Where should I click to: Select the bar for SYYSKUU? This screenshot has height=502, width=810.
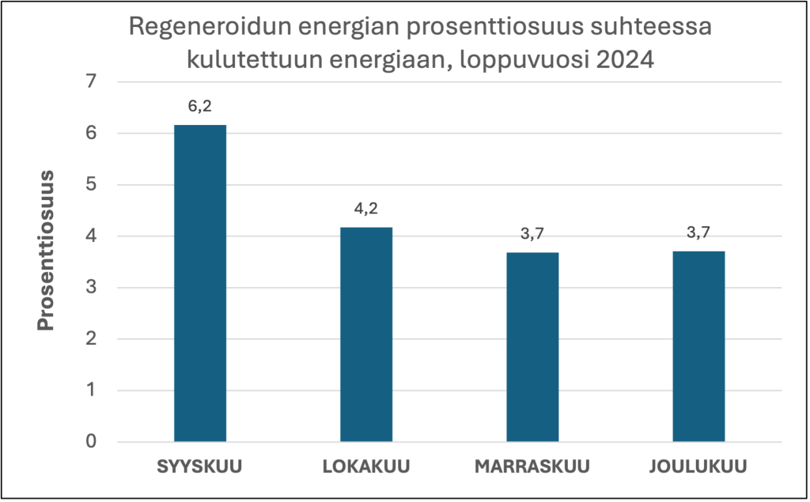pos(200,283)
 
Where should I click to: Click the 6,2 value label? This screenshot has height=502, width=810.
pos(200,107)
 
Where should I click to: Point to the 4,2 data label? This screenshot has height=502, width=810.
pos(366,209)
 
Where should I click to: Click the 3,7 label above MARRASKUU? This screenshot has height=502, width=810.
pos(532,235)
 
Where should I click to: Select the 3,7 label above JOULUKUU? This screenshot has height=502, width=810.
pos(698,233)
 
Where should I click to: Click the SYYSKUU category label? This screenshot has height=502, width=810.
pos(200,466)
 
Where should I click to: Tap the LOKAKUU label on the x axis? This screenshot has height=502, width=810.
pos(366,466)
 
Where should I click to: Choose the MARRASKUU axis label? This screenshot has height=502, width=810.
pos(532,466)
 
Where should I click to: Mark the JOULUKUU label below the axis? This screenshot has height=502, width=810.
pos(698,466)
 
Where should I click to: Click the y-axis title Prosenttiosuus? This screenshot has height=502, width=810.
pos(47,250)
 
